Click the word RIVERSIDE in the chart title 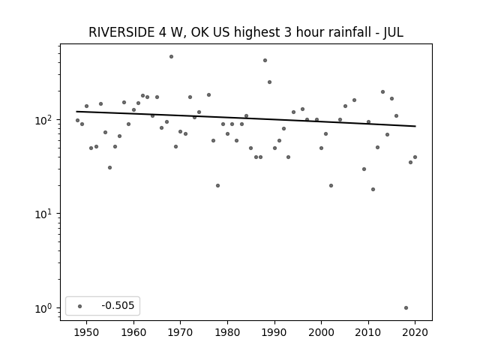[121, 32]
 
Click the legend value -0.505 [118, 305]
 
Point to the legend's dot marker [80, 306]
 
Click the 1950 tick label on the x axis [87, 332]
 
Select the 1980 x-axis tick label [227, 332]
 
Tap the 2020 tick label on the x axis [415, 332]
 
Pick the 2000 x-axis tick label [321, 332]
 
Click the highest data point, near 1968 [172, 57]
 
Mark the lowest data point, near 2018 [406, 308]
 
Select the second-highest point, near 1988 [265, 60]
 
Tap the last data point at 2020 [415, 157]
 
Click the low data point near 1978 [218, 185]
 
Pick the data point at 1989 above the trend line [270, 82]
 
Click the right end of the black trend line [415, 126]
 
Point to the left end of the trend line [76, 112]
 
